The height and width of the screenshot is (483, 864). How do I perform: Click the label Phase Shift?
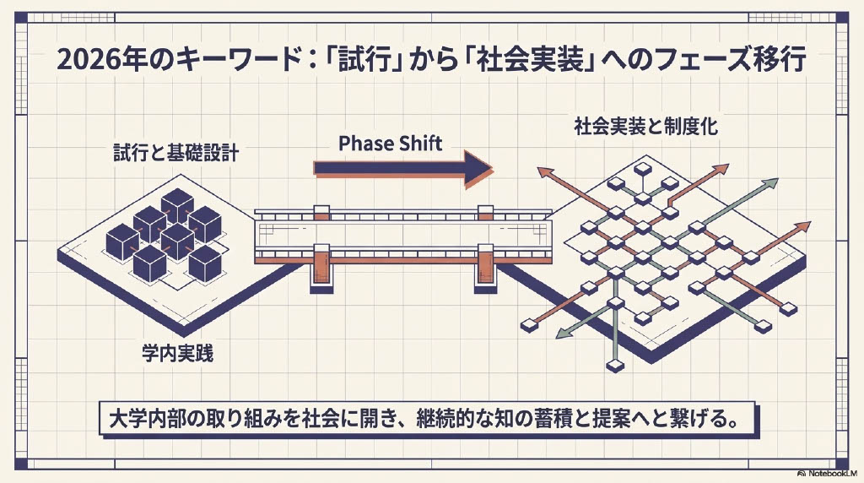tap(390, 143)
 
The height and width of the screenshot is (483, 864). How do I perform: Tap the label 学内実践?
tap(176, 353)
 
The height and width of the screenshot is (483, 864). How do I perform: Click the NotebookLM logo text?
tap(831, 475)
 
